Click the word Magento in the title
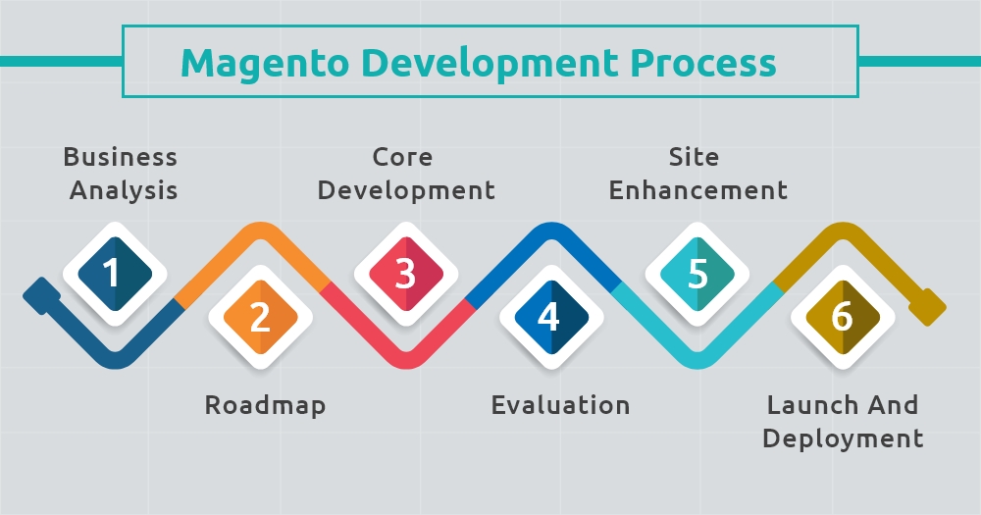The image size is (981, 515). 265,64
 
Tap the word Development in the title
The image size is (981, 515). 490,64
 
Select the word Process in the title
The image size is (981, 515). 703,63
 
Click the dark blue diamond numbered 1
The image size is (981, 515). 115,274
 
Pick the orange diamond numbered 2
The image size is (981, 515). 260,317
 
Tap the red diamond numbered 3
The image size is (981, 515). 406,274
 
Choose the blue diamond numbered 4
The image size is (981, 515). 551,317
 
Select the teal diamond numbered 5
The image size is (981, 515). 697,274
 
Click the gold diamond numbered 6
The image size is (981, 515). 843,317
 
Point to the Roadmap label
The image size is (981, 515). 265,405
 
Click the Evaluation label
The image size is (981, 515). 560,405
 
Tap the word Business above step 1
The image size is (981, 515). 120,157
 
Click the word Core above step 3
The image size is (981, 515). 402,157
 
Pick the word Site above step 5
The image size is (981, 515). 694,156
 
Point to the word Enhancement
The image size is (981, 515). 698,190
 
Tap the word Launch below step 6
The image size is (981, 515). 804,405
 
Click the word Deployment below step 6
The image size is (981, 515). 843,438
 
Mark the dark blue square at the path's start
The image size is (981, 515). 42,296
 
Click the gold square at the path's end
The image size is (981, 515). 928,307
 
